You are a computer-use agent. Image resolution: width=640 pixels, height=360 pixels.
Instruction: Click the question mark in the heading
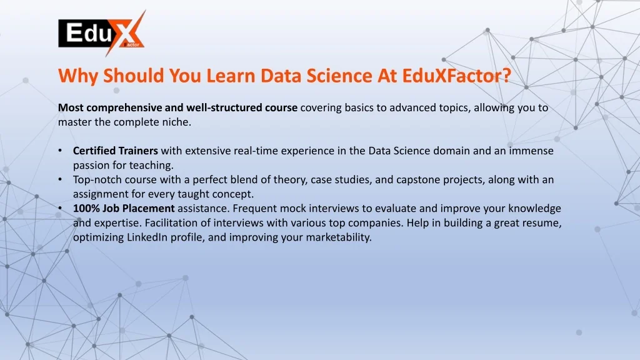(506, 76)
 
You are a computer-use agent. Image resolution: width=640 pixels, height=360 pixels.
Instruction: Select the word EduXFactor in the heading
(452, 76)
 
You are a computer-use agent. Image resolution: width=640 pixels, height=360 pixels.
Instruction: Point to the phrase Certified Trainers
(116, 151)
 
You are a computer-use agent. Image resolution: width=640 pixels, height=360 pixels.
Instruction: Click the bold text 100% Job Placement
(124, 209)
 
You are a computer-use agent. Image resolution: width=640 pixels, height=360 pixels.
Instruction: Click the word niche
(177, 122)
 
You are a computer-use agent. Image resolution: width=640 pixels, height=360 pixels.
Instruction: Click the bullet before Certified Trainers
(60, 151)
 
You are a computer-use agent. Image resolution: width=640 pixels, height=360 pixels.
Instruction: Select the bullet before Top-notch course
(60, 179)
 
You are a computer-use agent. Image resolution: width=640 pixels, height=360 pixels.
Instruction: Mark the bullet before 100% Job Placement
(60, 209)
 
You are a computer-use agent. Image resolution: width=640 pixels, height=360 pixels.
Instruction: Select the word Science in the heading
(339, 76)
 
